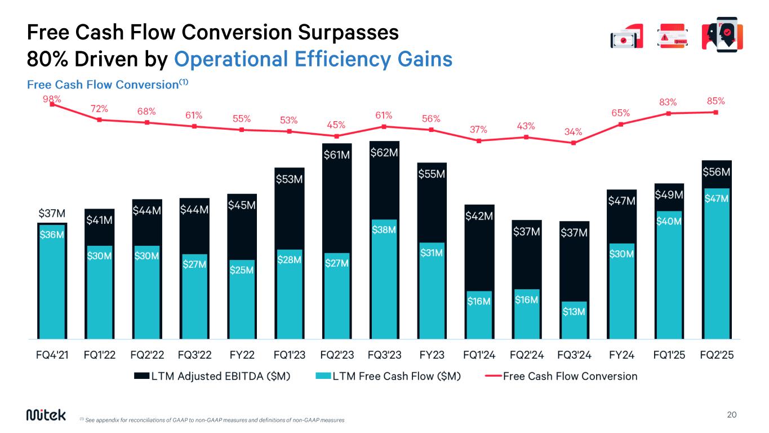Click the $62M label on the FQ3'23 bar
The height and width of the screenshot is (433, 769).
pos(384,152)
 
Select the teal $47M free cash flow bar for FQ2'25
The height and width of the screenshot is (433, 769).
pos(716,265)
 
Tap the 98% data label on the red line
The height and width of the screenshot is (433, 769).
pos(52,98)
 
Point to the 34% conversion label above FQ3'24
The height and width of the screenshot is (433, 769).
pos(574,132)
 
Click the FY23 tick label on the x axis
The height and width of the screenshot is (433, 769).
pos(431,355)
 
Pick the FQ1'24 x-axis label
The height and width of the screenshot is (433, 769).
pos(478,355)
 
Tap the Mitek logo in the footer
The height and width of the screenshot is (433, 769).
pos(46,415)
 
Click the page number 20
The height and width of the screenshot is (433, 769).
pos(732,415)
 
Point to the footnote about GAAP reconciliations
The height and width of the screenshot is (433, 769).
pos(212,420)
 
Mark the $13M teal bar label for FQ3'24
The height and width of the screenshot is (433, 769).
pos(574,312)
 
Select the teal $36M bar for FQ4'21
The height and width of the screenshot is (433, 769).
pos(52,282)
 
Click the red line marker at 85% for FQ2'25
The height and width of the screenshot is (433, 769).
pos(715,112)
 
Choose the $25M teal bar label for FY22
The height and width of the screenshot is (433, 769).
pos(242,270)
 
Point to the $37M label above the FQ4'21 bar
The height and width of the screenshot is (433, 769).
pos(52,214)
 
